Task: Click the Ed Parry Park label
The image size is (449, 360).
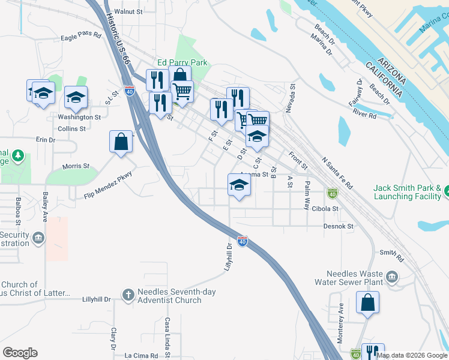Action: coord(182,62)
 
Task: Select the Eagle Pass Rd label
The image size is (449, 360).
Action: coord(81,37)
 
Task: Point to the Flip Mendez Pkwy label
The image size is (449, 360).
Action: coord(107,184)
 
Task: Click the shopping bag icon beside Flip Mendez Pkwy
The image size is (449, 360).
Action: coord(121,142)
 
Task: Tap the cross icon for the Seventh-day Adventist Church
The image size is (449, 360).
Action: coord(127,295)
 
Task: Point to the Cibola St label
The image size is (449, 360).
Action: coord(326,209)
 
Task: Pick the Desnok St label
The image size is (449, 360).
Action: coord(339,226)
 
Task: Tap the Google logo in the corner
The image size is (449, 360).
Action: coord(20,353)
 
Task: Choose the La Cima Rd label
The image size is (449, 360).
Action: coord(141,356)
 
